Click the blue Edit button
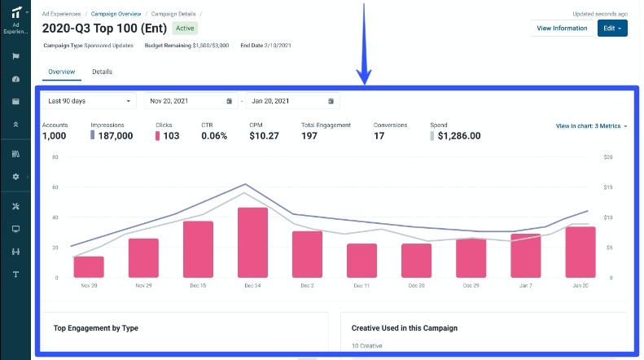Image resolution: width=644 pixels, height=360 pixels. (x=612, y=29)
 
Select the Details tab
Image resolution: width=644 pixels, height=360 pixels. (x=102, y=72)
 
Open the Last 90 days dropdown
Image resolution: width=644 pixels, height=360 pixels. (x=89, y=101)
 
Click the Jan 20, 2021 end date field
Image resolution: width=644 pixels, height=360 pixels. (x=291, y=101)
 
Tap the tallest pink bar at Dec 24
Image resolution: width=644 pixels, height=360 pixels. (x=253, y=243)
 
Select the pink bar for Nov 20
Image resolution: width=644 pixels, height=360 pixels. (x=89, y=267)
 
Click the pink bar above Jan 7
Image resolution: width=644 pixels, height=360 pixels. (x=525, y=256)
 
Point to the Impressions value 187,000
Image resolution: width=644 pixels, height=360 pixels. (x=115, y=136)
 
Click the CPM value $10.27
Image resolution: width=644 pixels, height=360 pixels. (x=264, y=136)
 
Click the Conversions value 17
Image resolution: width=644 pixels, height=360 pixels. (x=379, y=136)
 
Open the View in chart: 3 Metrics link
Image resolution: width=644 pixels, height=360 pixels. (x=591, y=126)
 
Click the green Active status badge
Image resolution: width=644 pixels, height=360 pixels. (x=186, y=29)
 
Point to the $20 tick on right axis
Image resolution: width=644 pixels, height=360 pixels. (x=607, y=156)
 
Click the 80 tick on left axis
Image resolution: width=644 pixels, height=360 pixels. (x=55, y=156)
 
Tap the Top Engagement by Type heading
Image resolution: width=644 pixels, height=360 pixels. (x=95, y=328)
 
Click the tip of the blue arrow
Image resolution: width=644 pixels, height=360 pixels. (x=366, y=82)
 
